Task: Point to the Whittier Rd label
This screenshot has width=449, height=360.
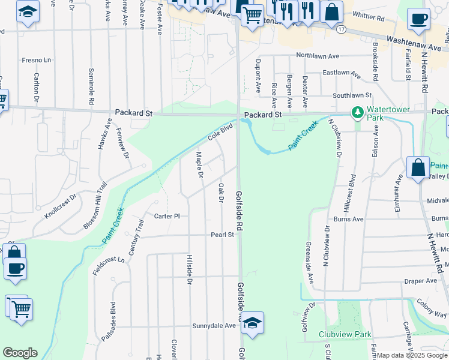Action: [x=369, y=19]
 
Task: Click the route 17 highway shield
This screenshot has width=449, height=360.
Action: [x=342, y=28]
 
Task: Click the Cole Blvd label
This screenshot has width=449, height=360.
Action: [x=220, y=133]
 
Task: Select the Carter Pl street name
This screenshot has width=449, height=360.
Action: [x=167, y=216]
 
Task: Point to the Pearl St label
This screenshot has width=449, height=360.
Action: [x=222, y=235]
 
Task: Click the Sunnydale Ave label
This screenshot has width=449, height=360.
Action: [x=214, y=326]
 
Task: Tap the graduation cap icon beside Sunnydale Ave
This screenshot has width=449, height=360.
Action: [x=253, y=323]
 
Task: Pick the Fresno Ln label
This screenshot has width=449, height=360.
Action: [x=37, y=60]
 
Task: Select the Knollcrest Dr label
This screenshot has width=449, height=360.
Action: [x=61, y=206]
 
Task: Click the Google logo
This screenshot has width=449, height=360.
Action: [x=20, y=353]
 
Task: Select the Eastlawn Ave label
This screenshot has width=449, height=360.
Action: [x=341, y=74]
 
